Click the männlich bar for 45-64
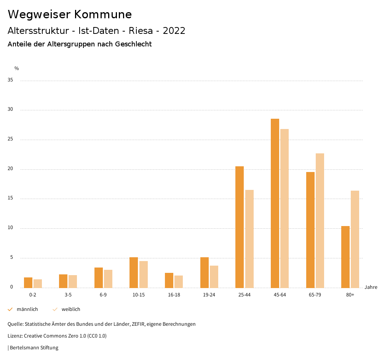tap(275, 203)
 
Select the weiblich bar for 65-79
tap(320, 221)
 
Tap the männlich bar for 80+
tap(345, 257)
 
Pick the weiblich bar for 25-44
tap(249, 239)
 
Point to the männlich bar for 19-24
tap(205, 272)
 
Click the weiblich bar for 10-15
tap(144, 274)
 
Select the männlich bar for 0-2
tap(28, 283)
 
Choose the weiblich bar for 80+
tap(355, 239)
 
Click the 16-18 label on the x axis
tap(174, 295)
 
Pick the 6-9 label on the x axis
tap(103, 295)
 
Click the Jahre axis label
tap(371, 287)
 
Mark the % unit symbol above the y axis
tap(17, 68)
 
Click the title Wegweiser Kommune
tap(70, 14)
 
